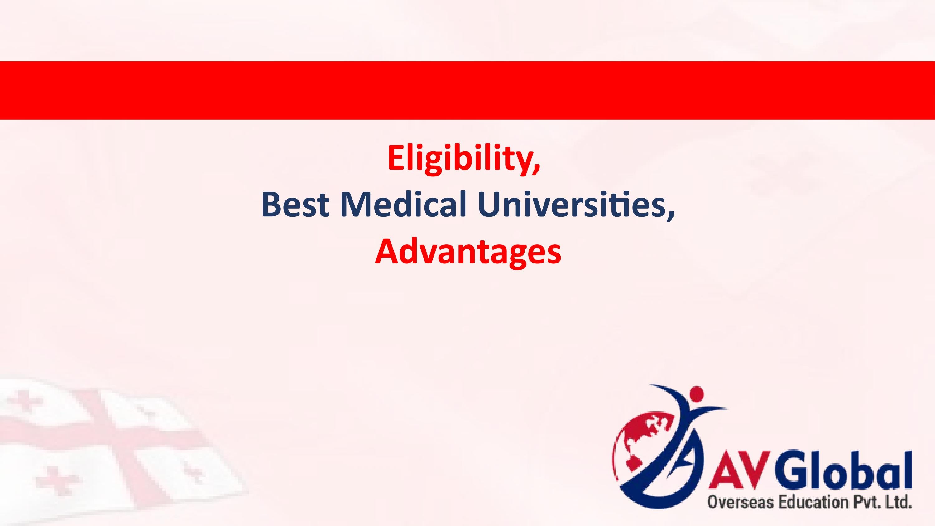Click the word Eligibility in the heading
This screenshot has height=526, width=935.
459,159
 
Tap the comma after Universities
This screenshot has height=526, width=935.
670,216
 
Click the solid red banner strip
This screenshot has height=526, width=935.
467,90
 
